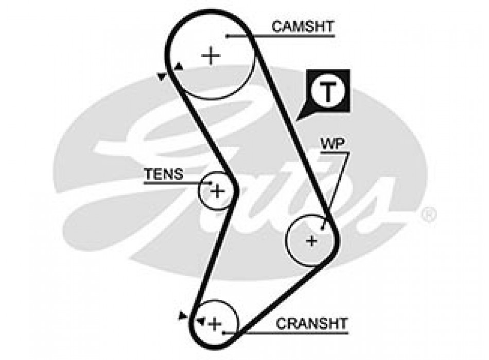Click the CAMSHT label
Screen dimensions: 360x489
[303, 26]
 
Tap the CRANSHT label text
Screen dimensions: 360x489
[312, 323]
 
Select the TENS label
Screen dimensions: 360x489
[164, 174]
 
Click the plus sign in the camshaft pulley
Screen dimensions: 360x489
[210, 55]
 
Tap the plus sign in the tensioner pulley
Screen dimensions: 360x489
[218, 191]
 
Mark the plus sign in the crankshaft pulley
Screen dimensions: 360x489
[215, 323]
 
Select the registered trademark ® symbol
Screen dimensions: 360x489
[428, 214]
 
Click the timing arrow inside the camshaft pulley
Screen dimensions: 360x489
[178, 66]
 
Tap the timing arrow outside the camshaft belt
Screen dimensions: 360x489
[162, 77]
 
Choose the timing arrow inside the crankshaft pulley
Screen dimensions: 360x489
[200, 321]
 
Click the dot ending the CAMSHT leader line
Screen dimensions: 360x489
[226, 36]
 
